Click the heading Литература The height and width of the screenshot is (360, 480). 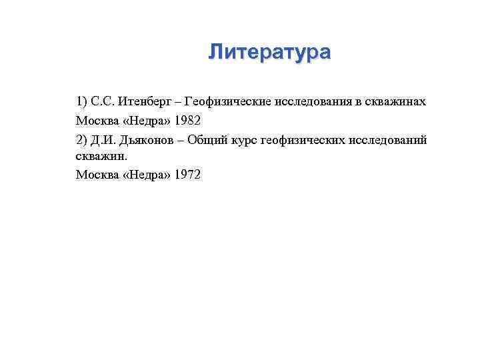coord(269,52)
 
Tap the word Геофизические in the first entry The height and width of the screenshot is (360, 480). coord(229,101)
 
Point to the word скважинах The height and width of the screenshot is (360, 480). coord(397,101)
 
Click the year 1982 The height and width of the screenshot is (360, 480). coord(187,121)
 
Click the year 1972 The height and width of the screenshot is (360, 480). coord(187,175)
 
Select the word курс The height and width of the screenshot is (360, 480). coord(247,140)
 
